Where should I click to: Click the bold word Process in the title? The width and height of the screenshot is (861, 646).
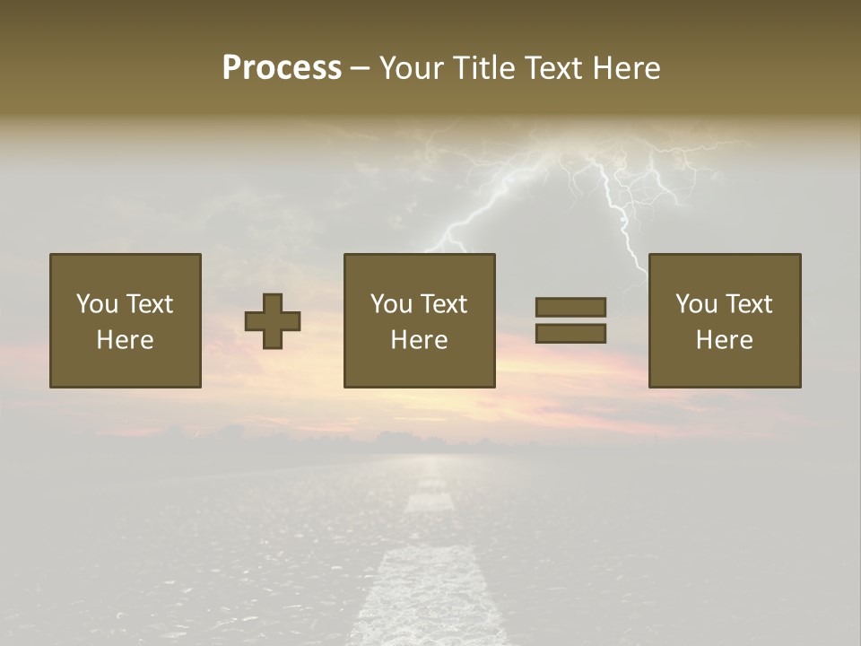point(282,67)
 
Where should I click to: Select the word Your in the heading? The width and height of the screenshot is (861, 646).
point(412,67)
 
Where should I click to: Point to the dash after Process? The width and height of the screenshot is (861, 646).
point(360,68)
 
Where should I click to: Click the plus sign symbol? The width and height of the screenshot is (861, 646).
point(273,320)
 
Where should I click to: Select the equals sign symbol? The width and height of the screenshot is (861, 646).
point(570,320)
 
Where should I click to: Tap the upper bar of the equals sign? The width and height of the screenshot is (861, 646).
point(570,307)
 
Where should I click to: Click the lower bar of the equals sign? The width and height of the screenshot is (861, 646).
point(570,334)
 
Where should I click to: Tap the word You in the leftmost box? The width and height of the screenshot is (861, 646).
point(97,304)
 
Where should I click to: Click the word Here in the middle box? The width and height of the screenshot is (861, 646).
point(419,340)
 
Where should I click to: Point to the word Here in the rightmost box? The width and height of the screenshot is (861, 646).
point(724,340)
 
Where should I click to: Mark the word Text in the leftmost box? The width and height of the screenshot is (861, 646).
point(149,304)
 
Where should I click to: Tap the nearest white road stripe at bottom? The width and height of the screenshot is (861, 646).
point(425,597)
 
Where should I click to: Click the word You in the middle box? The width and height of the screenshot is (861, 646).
point(391,304)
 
